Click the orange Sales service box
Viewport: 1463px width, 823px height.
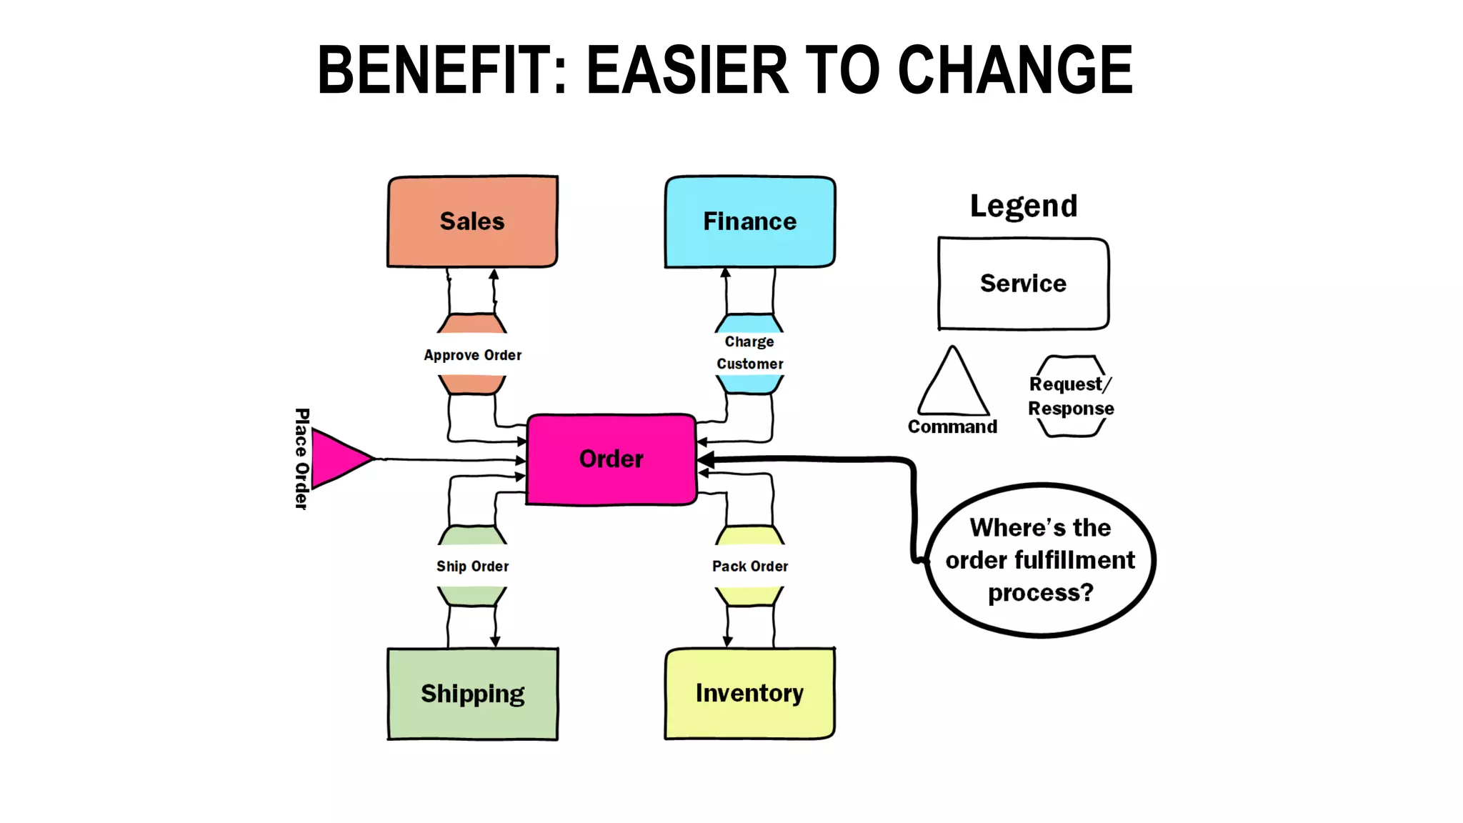coord(472,221)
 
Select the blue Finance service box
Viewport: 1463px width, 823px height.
coord(749,221)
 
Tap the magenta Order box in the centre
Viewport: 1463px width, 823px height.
coord(611,459)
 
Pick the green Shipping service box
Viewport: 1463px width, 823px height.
coord(472,694)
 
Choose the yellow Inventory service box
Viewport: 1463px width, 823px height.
coord(749,693)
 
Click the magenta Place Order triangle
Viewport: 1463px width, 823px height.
coord(337,459)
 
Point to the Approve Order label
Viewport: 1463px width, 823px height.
coord(472,355)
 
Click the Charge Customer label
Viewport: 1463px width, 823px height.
coord(749,353)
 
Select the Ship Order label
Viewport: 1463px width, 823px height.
coord(472,567)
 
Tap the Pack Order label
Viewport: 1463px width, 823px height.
coord(749,567)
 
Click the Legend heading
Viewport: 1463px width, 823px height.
coord(1023,206)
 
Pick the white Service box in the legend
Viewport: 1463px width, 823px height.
coord(1023,284)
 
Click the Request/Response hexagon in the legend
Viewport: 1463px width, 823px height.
coord(1071,396)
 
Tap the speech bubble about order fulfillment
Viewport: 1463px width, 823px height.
coord(1040,560)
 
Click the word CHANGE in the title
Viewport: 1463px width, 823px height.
coord(1014,69)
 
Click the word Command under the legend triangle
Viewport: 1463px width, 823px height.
coord(952,427)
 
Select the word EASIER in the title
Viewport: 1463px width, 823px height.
coord(687,69)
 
